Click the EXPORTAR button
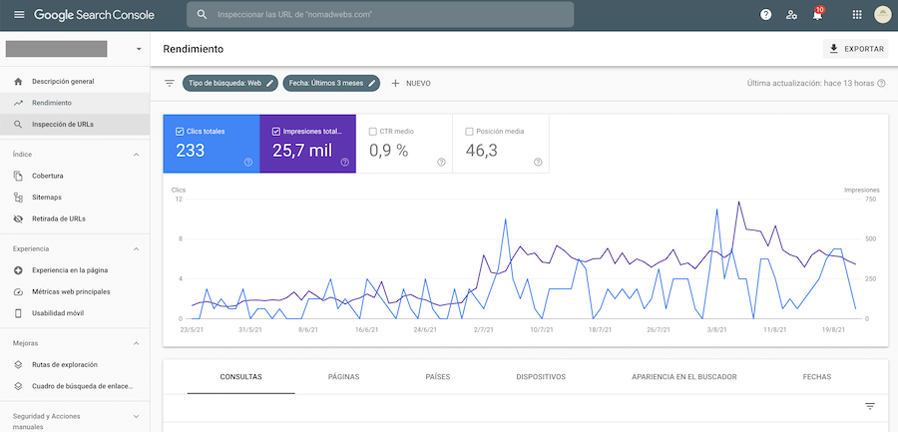coord(856,49)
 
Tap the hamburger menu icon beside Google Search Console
coord(19,14)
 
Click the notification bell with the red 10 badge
coord(817,14)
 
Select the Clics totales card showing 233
coord(212,144)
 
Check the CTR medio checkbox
coord(373,132)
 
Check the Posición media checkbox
coord(470,132)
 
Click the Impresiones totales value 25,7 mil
coord(301,151)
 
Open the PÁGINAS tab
coord(343,377)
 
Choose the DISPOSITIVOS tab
coord(541,377)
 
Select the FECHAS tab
coord(816,377)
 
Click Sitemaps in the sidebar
coord(46,198)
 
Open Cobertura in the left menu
coord(48,176)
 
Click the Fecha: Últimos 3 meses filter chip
coord(331,83)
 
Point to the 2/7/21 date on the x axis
coord(484,330)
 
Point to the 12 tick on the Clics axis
coord(179,200)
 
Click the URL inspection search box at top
coord(380,14)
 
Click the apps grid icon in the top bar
coord(857,14)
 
